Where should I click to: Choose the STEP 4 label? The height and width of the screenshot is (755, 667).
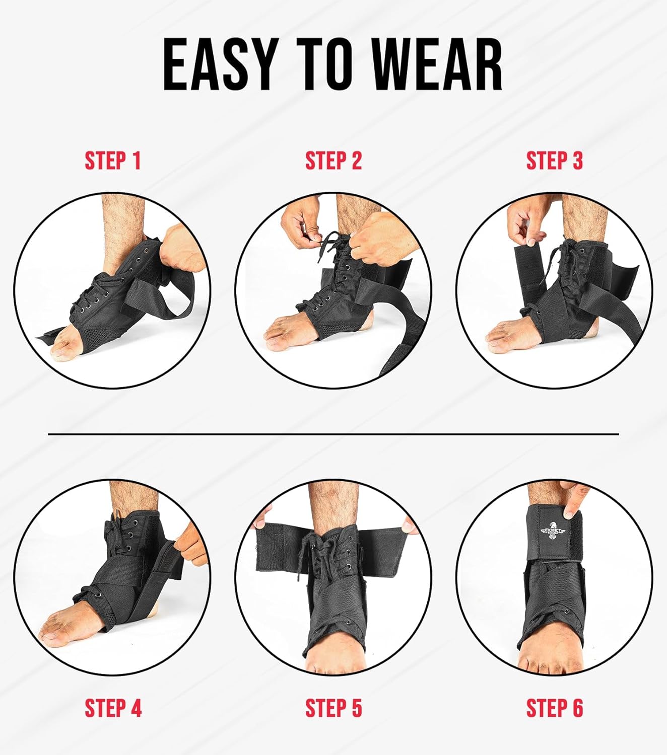(113, 708)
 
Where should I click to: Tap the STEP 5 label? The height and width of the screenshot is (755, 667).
(333, 708)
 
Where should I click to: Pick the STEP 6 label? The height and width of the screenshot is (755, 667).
(554, 708)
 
